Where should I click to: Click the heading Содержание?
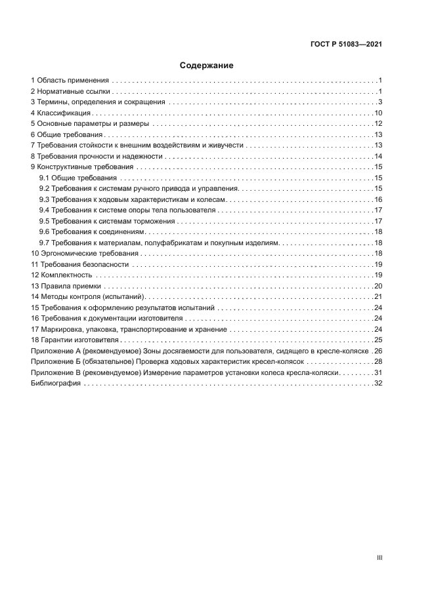tap(207, 66)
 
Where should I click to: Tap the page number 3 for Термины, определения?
tap(380, 102)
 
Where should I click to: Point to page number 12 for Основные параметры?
tap(378, 124)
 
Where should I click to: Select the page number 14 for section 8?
tap(378, 156)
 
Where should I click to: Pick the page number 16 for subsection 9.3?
tap(378, 199)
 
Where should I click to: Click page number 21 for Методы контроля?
tap(378, 296)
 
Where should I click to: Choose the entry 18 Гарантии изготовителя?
tap(75, 340)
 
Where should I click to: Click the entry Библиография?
tap(56, 383)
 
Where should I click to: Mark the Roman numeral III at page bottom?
tap(379, 558)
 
